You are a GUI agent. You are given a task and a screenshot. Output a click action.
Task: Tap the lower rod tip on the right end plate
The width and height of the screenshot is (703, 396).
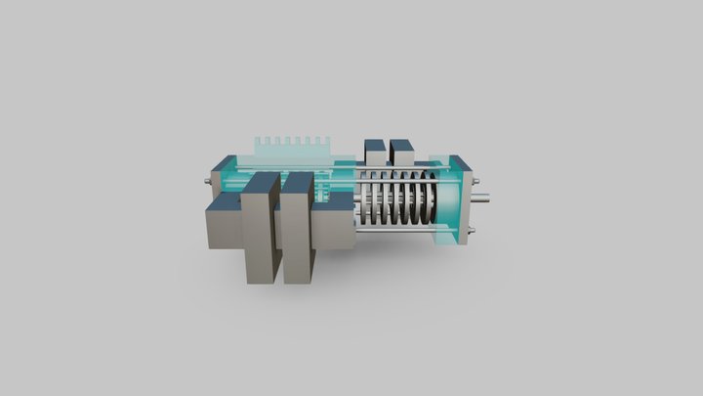[x=472, y=231]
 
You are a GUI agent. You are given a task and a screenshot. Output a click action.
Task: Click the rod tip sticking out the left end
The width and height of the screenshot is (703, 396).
[x=207, y=181]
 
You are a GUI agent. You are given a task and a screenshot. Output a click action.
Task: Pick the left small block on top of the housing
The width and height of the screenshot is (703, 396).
[x=375, y=153]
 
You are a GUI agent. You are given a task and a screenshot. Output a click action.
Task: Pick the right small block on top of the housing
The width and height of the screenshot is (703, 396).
[x=400, y=153]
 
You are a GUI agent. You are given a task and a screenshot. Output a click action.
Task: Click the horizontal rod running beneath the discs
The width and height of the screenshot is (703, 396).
[x=391, y=232]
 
